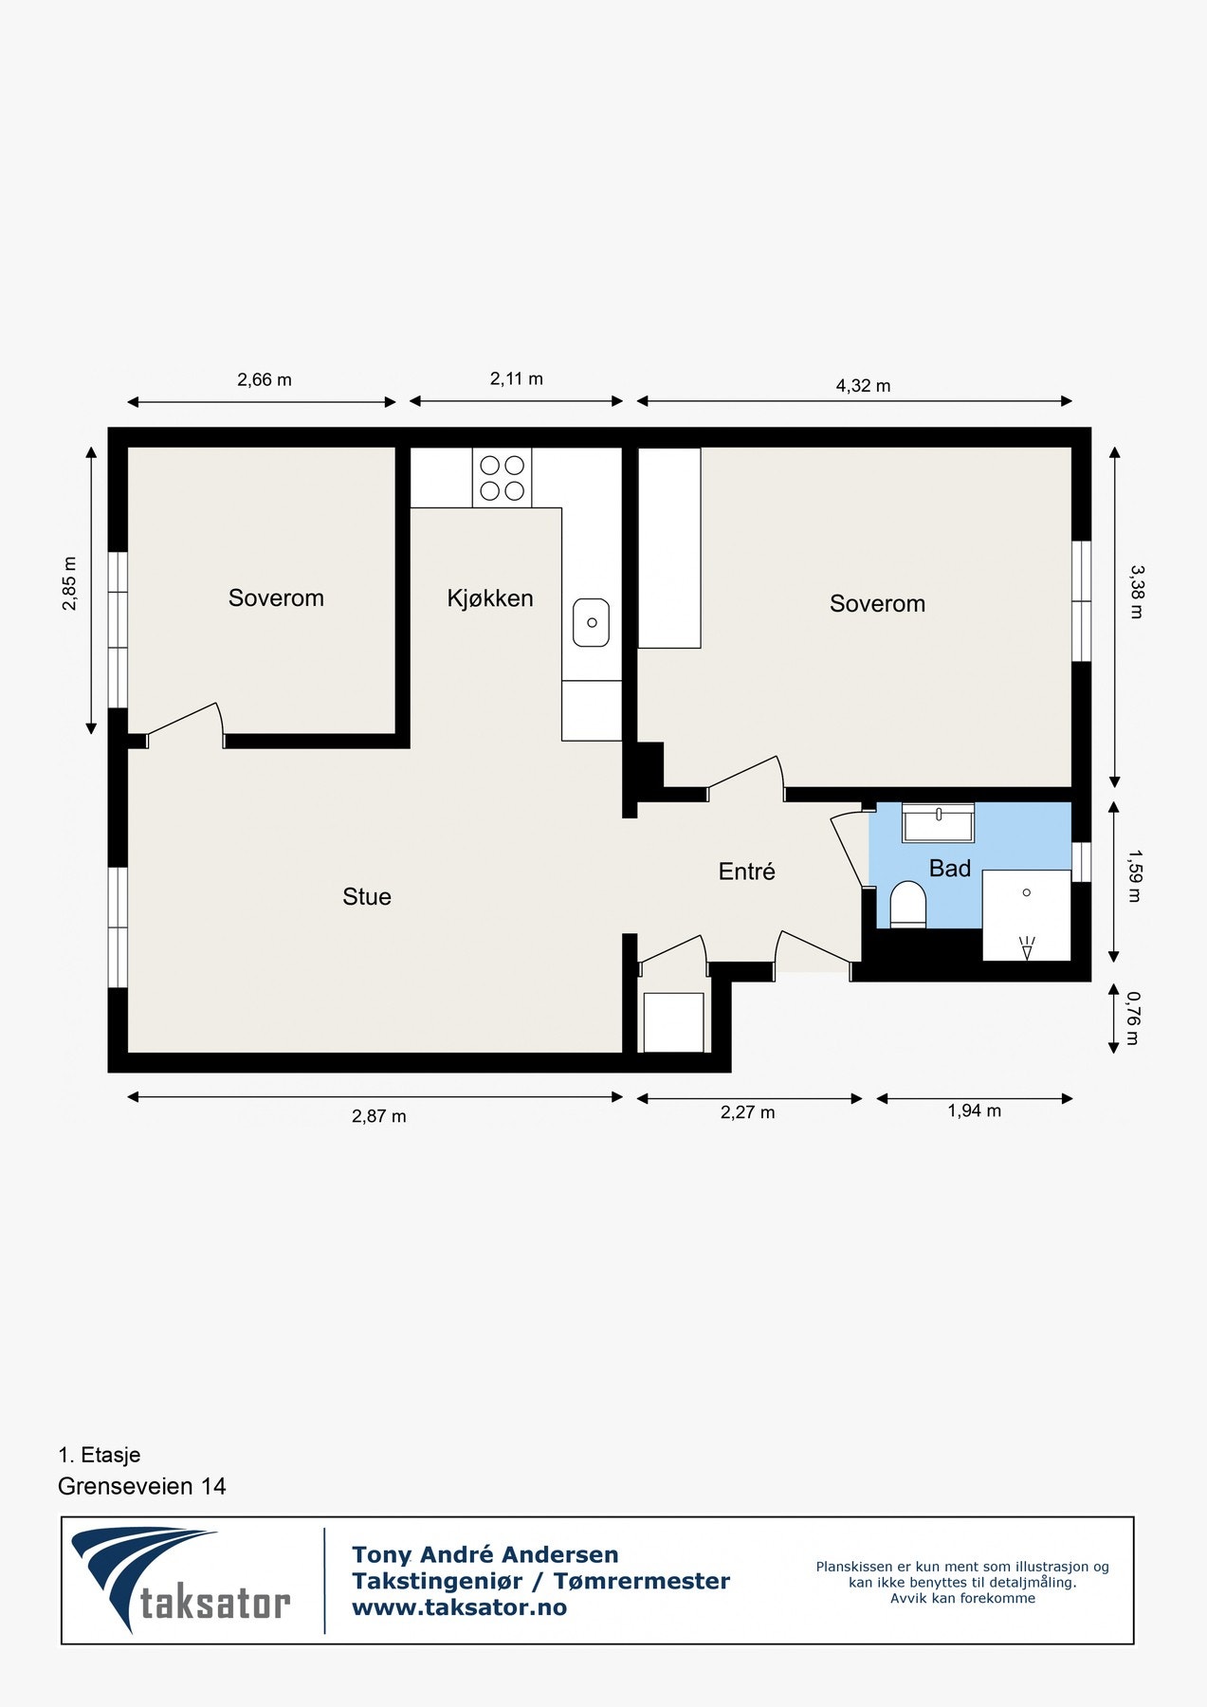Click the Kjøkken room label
coord(490,598)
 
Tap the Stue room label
coord(367,897)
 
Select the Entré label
coord(746,872)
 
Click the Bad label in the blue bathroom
coord(949,869)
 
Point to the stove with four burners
coord(502,478)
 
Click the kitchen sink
coord(591,623)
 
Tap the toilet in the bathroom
coord(907,904)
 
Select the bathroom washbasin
coord(938,821)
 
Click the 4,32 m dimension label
coord(863,386)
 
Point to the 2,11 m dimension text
coord(517,379)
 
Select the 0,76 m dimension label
coord(1133,1019)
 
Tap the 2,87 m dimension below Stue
coord(379,1116)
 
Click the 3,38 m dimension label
coord(1136,592)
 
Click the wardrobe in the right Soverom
coord(669,548)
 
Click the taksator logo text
coord(215,1603)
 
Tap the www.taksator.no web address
coord(459,1607)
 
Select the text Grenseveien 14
coord(142,1486)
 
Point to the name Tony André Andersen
coord(485,1554)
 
